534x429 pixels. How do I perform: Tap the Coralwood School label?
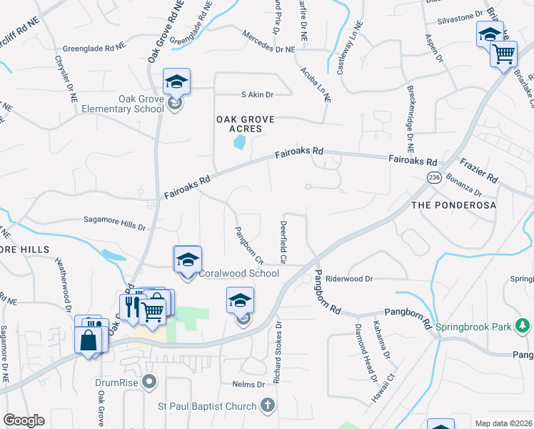tap(238, 273)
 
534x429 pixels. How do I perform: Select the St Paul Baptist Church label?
tap(206, 406)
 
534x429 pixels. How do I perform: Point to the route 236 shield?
tap(434, 177)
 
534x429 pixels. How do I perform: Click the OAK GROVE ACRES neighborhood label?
tap(246, 124)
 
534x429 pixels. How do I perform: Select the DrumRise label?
tap(117, 382)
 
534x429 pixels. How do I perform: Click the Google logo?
tap(24, 420)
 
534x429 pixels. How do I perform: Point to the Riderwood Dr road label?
tap(350, 278)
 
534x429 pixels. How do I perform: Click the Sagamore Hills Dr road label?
tap(114, 225)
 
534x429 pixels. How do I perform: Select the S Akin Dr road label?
tap(257, 94)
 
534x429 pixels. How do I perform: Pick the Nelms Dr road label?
tap(248, 385)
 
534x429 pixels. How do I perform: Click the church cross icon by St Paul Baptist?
tap(267, 406)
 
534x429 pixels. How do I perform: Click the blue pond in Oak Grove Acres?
tap(239, 143)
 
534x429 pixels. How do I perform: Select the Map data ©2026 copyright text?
tap(503, 423)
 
